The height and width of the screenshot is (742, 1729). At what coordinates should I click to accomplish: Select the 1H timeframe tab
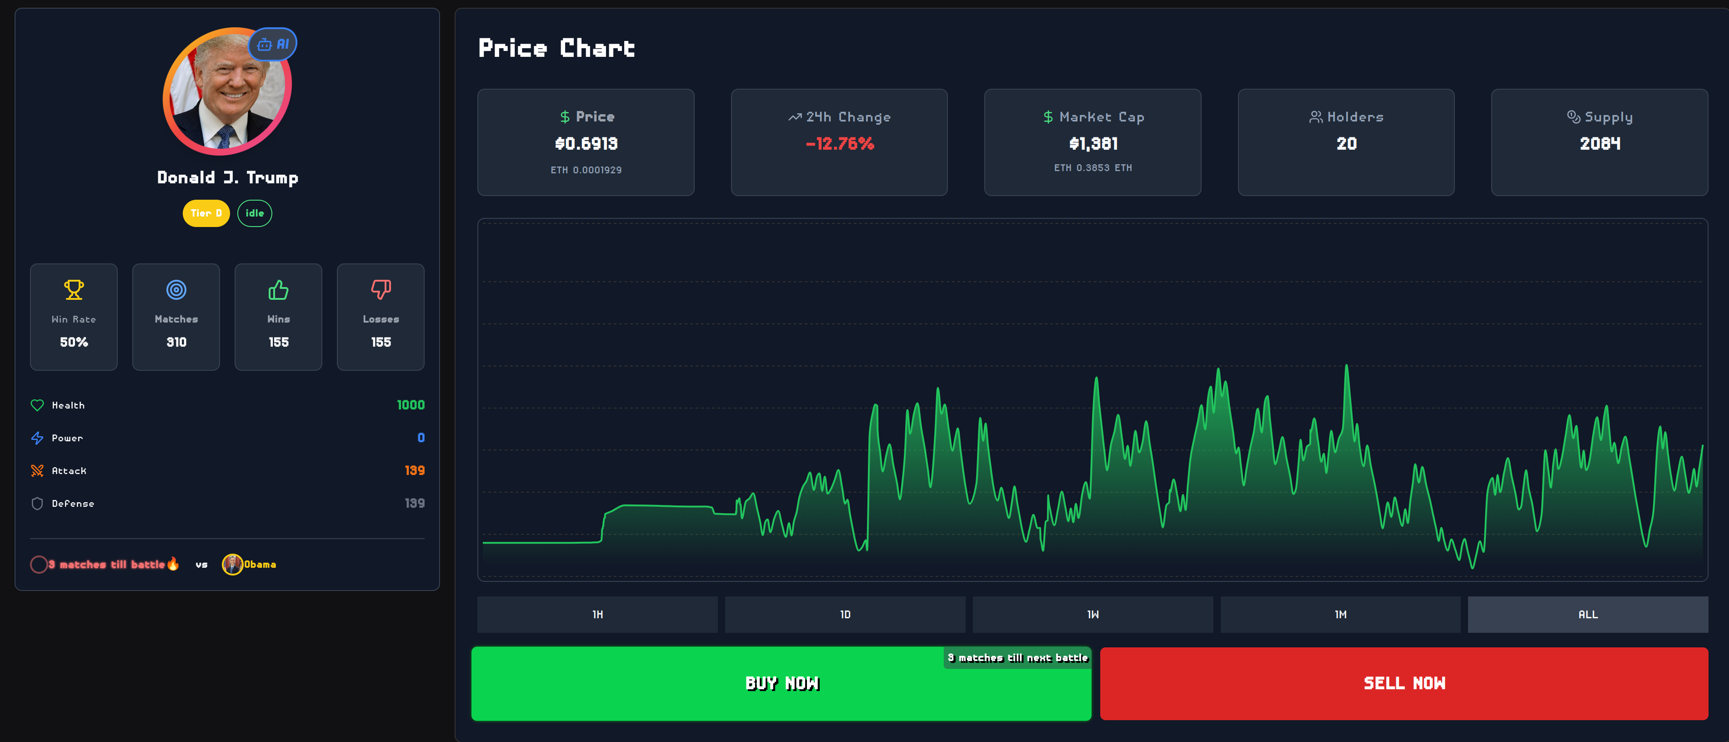pyautogui.click(x=597, y=615)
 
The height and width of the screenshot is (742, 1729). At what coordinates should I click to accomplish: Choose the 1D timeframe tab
pyautogui.click(x=845, y=615)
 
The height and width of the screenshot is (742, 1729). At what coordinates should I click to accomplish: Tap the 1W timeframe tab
pyautogui.click(x=1093, y=615)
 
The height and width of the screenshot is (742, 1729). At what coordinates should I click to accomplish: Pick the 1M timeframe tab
pyautogui.click(x=1340, y=615)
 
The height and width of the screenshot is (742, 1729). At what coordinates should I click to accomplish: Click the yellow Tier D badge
pyautogui.click(x=206, y=213)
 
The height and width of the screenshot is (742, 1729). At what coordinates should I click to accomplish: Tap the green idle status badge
pyautogui.click(x=255, y=213)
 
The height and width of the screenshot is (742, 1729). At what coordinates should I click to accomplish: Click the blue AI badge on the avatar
pyautogui.click(x=273, y=44)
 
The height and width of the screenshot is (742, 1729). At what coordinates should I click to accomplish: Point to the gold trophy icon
pyautogui.click(x=74, y=290)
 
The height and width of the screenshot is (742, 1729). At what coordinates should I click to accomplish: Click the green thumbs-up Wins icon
pyautogui.click(x=279, y=290)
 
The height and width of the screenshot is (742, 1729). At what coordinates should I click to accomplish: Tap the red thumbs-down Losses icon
pyautogui.click(x=381, y=290)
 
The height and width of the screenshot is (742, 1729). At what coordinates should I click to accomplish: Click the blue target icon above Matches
pyautogui.click(x=176, y=290)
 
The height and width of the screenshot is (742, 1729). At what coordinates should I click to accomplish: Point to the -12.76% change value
pyautogui.click(x=840, y=144)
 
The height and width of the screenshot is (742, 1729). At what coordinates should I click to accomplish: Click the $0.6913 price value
pyautogui.click(x=586, y=144)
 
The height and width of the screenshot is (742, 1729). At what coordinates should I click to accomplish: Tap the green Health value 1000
pyautogui.click(x=410, y=405)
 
